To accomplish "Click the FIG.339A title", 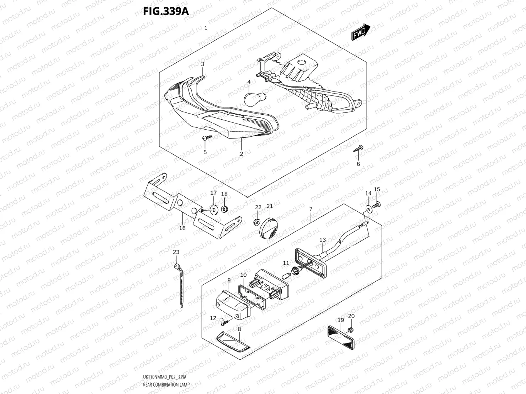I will tap(166, 11).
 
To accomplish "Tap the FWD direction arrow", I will tap(361, 33).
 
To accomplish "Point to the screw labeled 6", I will tap(359, 148).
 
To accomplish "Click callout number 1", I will tap(206, 28).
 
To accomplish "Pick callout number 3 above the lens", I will tap(202, 64).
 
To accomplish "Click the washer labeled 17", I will tap(213, 209).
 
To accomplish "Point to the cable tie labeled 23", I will tap(180, 285).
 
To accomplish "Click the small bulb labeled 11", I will tap(287, 276).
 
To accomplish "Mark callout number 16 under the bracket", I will tap(182, 228).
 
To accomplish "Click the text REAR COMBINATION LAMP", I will tap(166, 385).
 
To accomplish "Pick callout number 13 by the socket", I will tap(323, 240).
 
